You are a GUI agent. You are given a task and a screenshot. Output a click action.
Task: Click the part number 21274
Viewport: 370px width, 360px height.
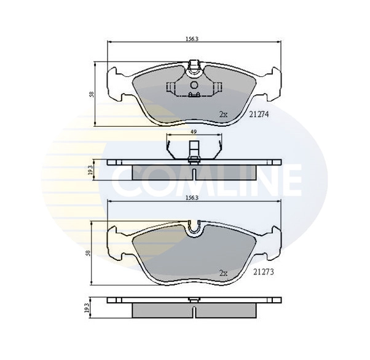pyautogui.click(x=259, y=114)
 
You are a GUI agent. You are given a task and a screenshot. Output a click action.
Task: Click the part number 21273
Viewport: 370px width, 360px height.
pyautogui.click(x=263, y=272)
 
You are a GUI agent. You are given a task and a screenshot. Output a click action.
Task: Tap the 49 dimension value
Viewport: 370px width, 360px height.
pyautogui.click(x=194, y=132)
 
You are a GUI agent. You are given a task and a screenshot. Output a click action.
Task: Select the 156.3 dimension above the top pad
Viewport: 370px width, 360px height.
pyautogui.click(x=192, y=39)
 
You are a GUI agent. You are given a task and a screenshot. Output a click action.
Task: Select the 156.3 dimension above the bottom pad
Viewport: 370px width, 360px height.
pyautogui.click(x=192, y=198)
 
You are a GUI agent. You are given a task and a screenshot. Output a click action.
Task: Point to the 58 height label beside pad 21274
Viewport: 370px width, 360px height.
pyautogui.click(x=92, y=94)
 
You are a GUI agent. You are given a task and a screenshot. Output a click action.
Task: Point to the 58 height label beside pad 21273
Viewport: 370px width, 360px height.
pyautogui.click(x=88, y=253)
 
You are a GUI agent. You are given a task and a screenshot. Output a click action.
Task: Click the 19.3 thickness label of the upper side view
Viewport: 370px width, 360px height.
pyautogui.click(x=90, y=170)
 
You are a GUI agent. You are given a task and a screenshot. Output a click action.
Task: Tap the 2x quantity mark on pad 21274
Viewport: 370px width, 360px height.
pyautogui.click(x=223, y=115)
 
